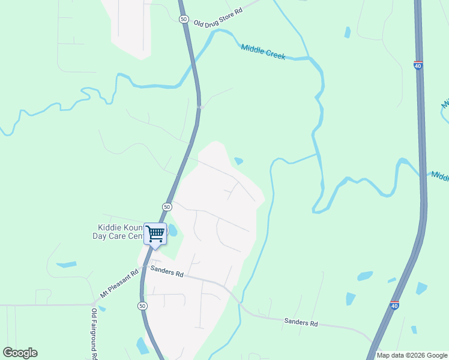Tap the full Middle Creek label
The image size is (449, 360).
click(263, 52)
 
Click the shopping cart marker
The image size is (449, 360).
click(155, 233)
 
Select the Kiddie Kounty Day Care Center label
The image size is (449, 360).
click(119, 232)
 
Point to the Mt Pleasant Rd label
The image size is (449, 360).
click(119, 283)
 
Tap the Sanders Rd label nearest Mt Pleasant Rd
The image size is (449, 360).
click(167, 272)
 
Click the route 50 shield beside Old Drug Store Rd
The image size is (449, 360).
click(184, 19)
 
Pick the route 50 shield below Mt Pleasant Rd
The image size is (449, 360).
click(142, 305)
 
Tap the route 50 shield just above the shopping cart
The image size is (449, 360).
click(167, 206)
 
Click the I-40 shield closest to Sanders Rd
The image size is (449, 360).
click(394, 305)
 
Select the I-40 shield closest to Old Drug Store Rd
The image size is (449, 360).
click(418, 65)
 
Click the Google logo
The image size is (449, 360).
click(20, 353)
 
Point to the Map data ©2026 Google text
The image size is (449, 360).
click(412, 355)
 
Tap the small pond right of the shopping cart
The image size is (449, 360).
click(173, 230)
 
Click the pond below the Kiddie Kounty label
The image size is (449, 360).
click(66, 264)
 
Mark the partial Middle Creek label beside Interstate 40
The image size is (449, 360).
click(440, 176)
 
